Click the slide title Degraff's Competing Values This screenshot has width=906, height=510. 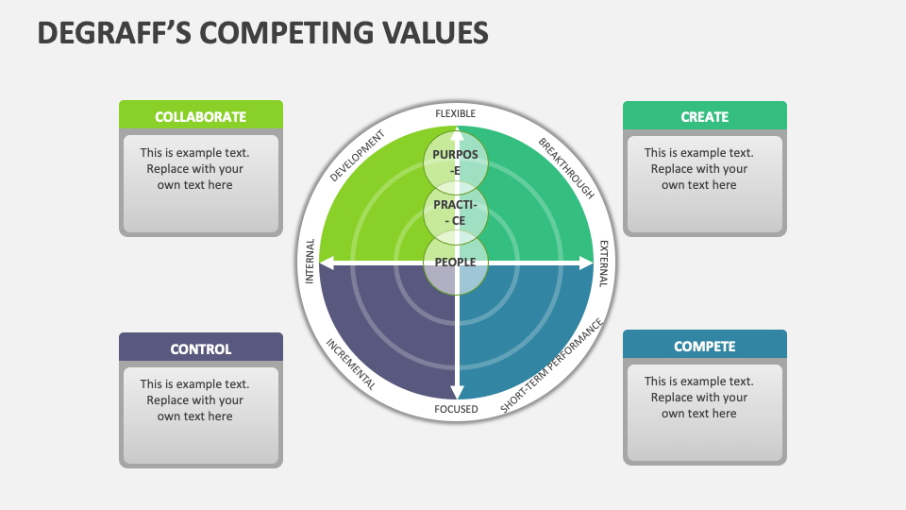pos(262,32)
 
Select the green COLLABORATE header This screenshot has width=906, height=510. pos(200,117)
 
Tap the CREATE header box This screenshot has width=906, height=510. pos(704,117)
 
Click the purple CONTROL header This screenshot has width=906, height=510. pos(200,348)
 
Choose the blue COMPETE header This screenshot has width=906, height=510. pos(704,347)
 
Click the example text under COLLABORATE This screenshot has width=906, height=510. pos(195,169)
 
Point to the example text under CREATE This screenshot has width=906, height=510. pos(698,169)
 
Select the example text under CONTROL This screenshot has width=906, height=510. pos(195,400)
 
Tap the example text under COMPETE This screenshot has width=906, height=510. pos(698,398)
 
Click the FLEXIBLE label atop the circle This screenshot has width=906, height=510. pos(456,114)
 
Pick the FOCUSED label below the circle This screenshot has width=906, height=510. pos(456,409)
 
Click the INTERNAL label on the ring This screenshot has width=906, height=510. pos(310,262)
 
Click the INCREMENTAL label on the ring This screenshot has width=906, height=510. pos(351,365)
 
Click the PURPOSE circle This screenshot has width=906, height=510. pos(456,161)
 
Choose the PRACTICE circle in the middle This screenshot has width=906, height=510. pos(456,212)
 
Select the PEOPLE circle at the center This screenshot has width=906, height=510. pos(456,262)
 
